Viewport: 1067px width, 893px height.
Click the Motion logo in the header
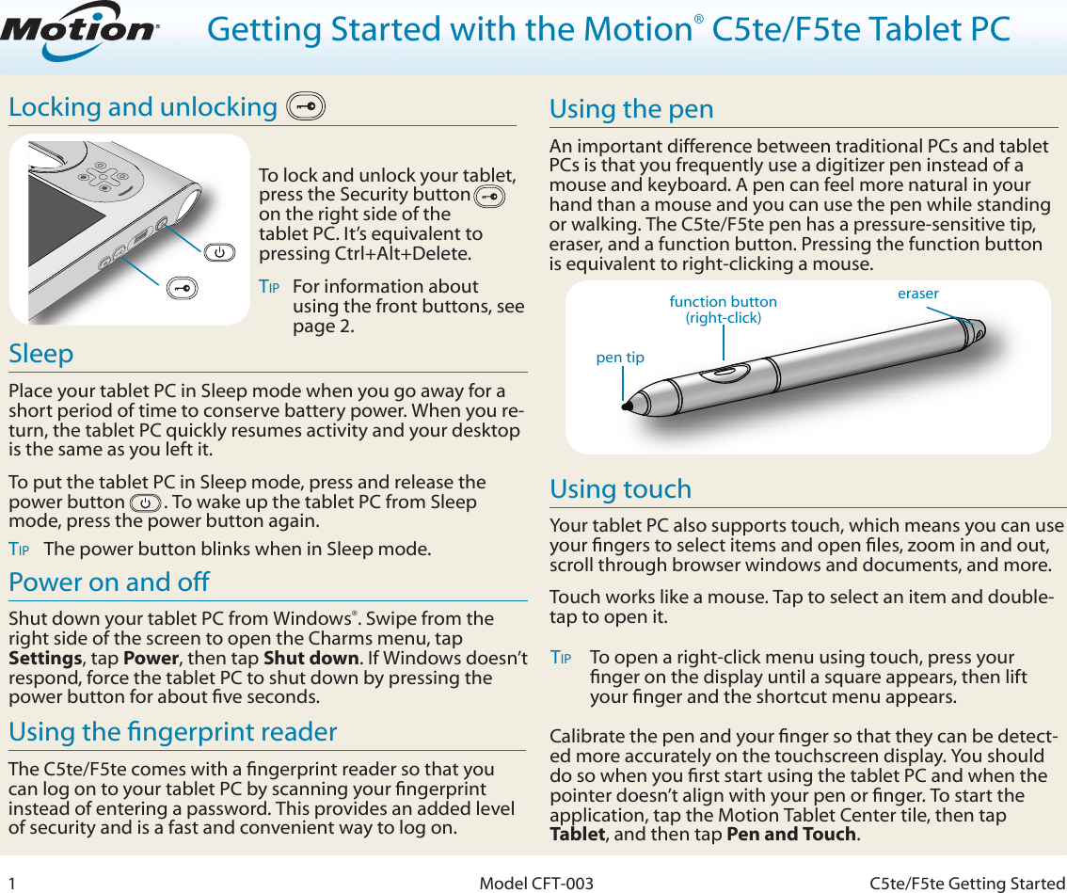(79, 31)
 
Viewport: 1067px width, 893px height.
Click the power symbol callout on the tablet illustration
(218, 252)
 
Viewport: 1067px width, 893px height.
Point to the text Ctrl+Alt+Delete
(413, 254)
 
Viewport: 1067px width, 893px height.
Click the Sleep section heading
(41, 354)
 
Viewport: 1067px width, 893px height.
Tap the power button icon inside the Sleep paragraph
(145, 502)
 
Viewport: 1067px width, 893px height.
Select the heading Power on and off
(109, 582)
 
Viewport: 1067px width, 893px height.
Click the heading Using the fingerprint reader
(172, 732)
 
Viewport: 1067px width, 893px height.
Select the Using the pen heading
(631, 109)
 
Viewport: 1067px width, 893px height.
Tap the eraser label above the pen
(917, 294)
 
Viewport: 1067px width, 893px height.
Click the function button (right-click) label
(723, 310)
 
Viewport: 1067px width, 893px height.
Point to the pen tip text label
(620, 358)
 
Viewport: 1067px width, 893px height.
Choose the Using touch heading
(620, 489)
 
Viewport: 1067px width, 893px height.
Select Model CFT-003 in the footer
(536, 883)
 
